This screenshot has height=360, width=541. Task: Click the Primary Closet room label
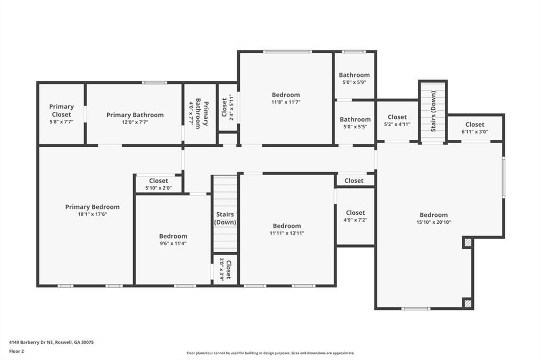click(61, 110)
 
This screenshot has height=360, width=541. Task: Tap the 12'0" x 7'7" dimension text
click(135, 122)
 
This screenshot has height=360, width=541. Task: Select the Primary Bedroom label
click(92, 207)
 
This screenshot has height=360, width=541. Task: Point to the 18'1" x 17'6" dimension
click(92, 214)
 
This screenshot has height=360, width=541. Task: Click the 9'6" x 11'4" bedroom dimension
click(173, 243)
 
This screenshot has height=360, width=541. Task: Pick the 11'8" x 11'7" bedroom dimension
click(286, 102)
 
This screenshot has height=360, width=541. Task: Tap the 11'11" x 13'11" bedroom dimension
click(287, 233)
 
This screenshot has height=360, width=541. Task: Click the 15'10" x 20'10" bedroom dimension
click(434, 222)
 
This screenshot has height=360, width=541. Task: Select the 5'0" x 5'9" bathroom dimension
click(355, 82)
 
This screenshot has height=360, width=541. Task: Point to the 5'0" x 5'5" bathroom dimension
click(355, 127)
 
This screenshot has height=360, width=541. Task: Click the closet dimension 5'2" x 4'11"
click(397, 125)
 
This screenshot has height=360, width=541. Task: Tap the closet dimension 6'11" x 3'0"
click(474, 132)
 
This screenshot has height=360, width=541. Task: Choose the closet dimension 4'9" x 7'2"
click(355, 220)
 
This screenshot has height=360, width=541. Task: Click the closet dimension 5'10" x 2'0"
click(158, 188)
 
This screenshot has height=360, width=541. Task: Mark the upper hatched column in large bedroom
click(468, 243)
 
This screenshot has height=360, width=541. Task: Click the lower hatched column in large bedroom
click(468, 304)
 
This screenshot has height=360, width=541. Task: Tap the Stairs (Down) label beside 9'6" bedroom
click(225, 219)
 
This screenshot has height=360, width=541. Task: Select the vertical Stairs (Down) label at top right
click(434, 111)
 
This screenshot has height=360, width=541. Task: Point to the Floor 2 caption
click(17, 351)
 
